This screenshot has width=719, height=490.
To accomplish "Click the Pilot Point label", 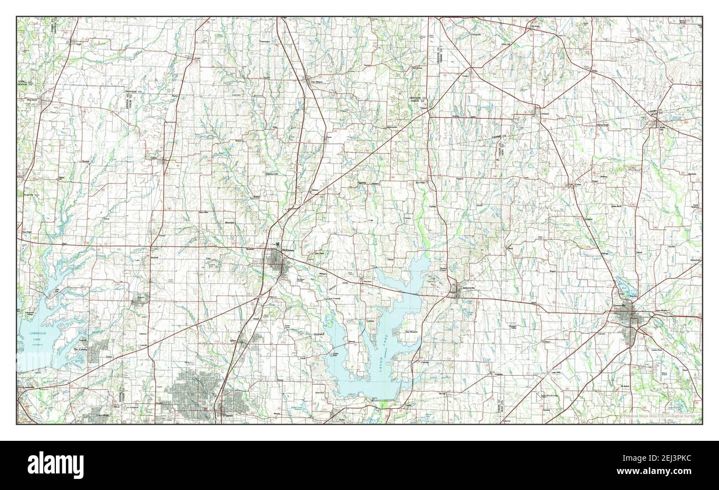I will point(32,100).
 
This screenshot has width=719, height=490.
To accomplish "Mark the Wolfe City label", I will point(663,128).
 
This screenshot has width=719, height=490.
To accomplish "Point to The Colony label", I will point(81,350).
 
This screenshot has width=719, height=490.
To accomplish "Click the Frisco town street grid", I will point(139,300).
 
